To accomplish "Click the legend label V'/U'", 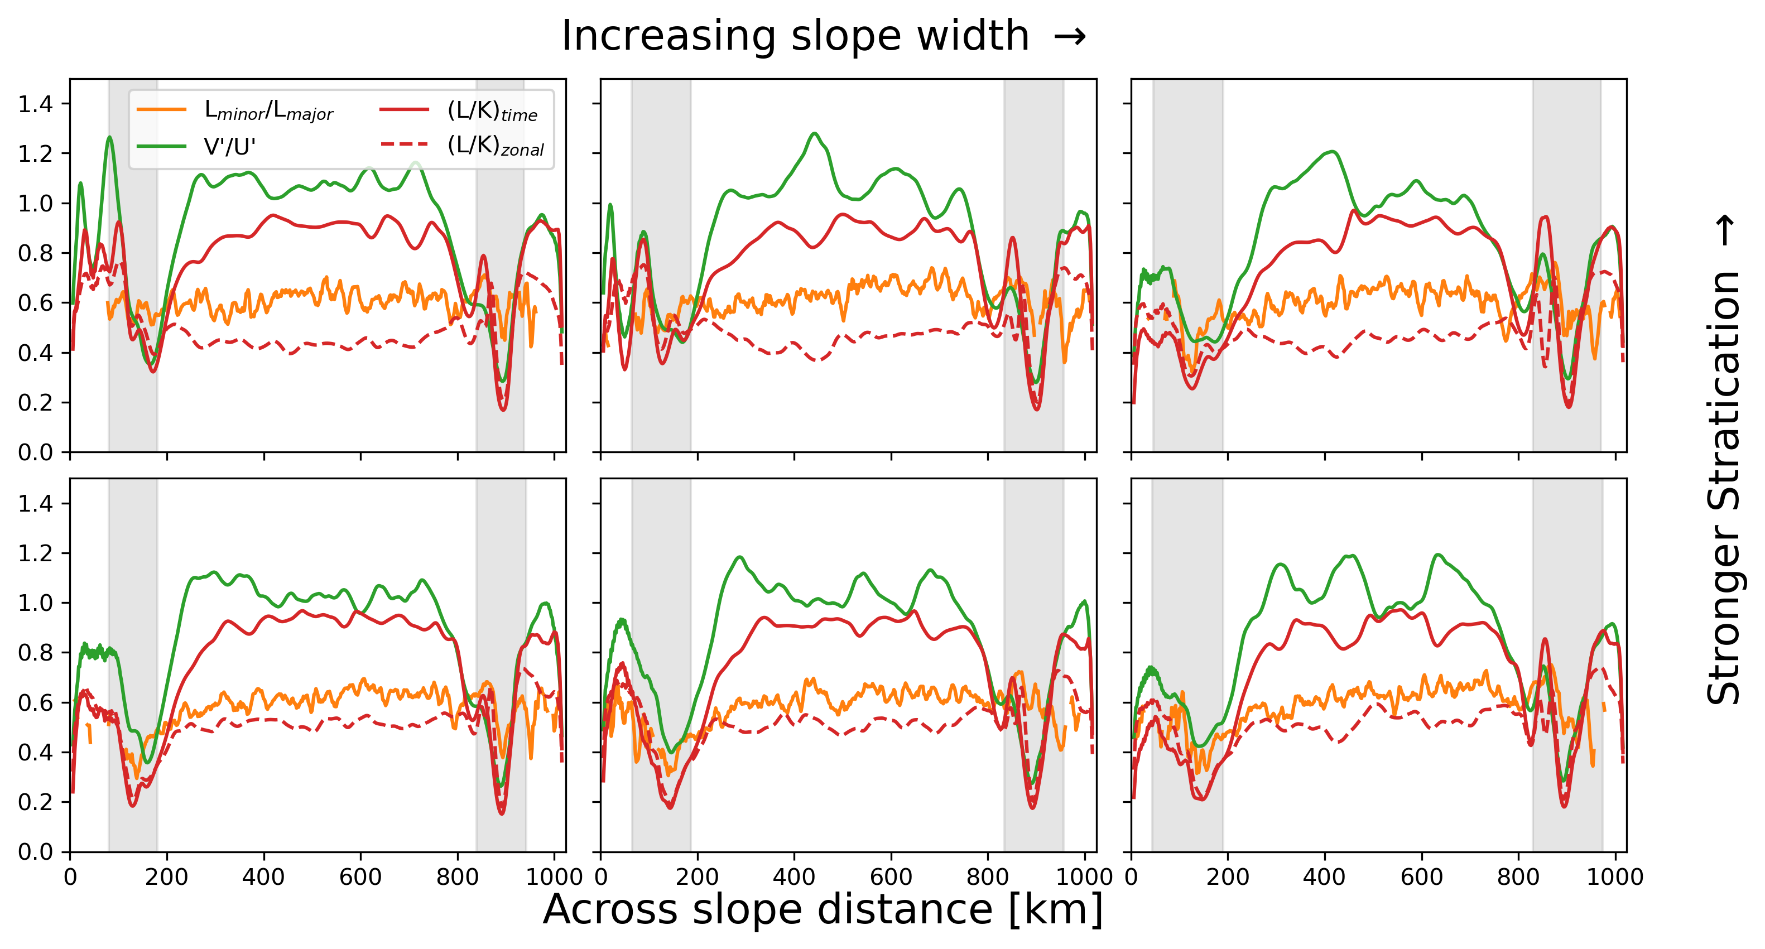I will pos(229,147).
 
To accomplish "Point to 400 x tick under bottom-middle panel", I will pos(794,876).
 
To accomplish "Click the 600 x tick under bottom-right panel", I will pos(1421,876).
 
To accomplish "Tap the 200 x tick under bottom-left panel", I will pos(166,876).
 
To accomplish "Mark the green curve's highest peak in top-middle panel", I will pos(814,133).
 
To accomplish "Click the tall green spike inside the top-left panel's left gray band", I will pos(109,138).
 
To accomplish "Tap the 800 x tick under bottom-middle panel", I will pos(987,876).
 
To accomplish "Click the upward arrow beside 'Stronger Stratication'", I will pos(1726,230).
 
